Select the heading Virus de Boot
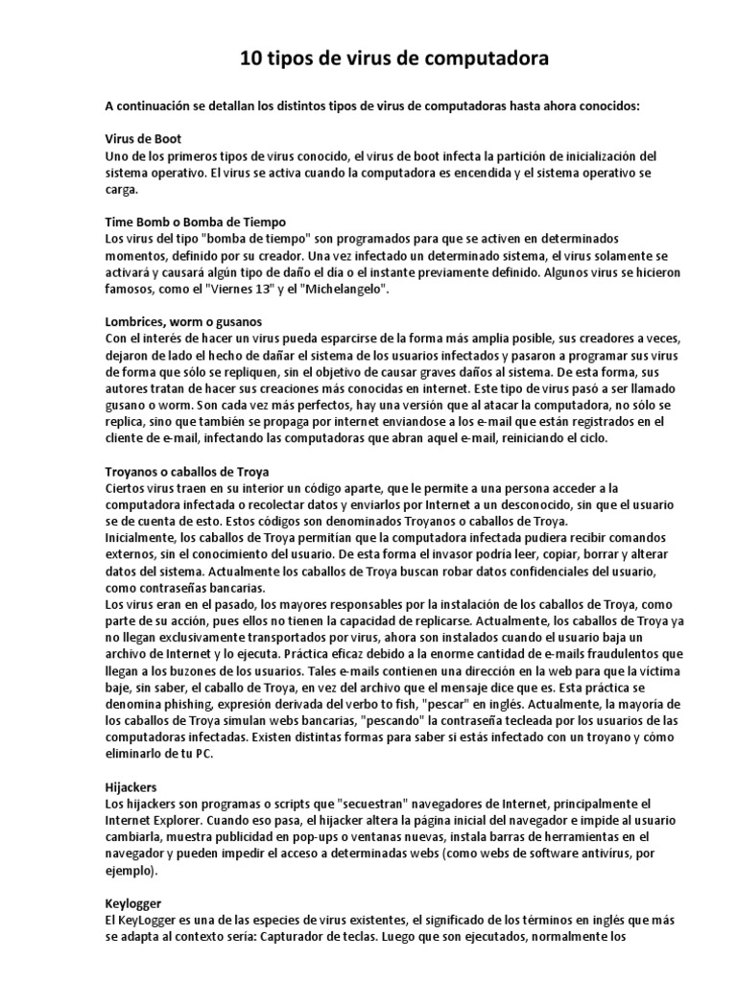pos(143,139)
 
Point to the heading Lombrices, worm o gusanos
pos(183,320)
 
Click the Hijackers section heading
pos(131,785)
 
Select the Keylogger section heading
pos(132,903)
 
